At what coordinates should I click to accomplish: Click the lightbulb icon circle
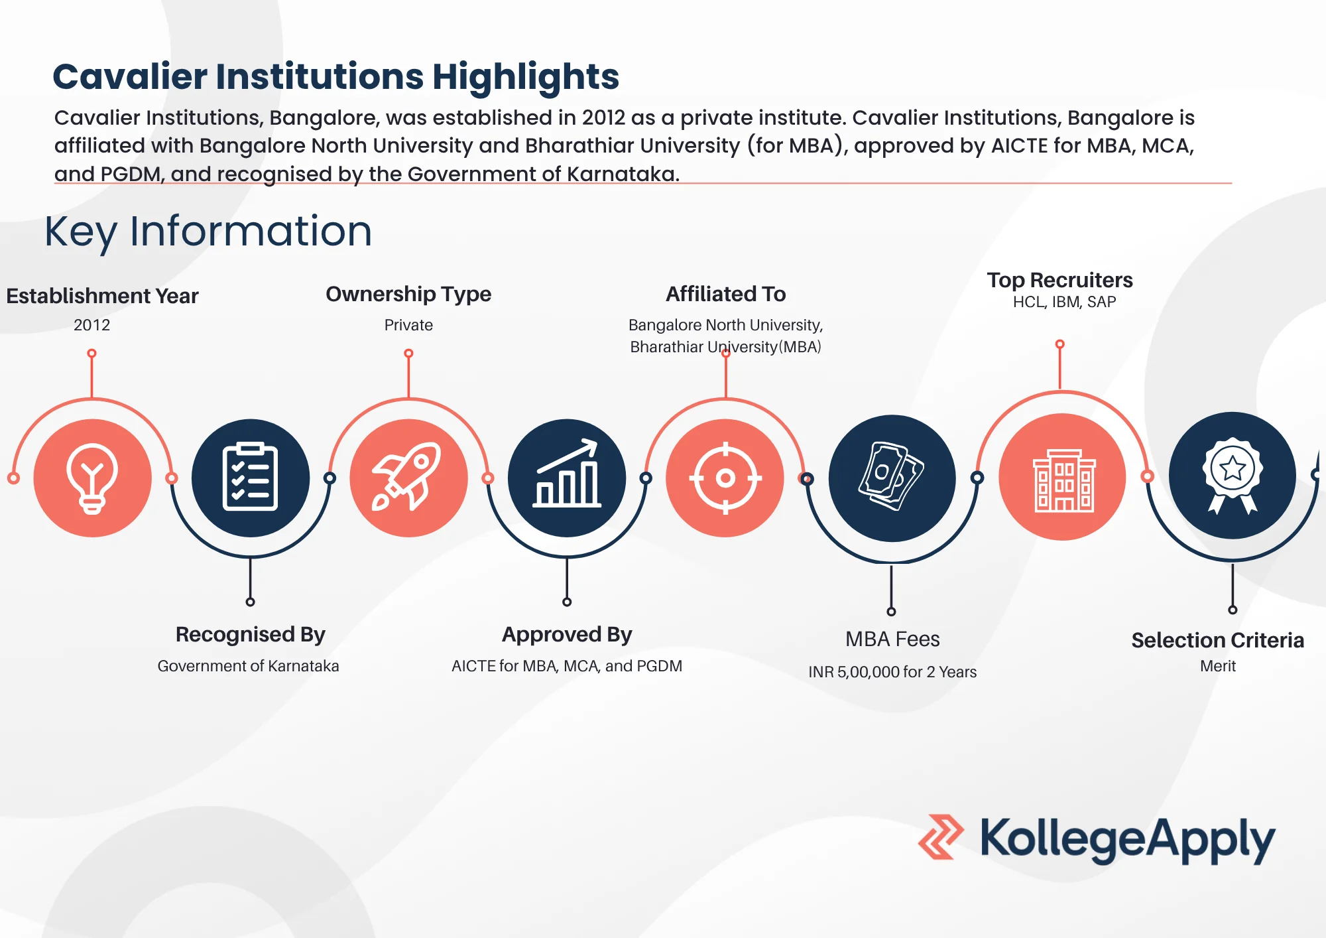click(x=92, y=478)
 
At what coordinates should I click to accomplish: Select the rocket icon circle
click(x=408, y=478)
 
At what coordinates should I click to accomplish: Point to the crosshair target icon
click(x=725, y=478)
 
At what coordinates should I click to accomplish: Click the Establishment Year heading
click(x=102, y=296)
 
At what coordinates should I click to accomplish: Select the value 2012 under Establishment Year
click(x=91, y=325)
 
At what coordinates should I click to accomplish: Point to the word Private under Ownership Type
click(x=408, y=325)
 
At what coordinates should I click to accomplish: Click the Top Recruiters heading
click(x=1059, y=280)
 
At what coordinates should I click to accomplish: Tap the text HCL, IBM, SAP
click(x=1064, y=302)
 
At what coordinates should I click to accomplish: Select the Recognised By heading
click(x=251, y=635)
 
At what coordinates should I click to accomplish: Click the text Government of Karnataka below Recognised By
click(x=248, y=666)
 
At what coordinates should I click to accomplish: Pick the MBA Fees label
click(x=892, y=639)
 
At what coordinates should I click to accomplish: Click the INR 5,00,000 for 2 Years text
click(x=892, y=672)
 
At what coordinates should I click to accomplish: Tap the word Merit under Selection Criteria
click(x=1218, y=666)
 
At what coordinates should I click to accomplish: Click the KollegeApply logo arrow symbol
click(x=941, y=837)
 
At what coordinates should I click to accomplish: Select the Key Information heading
click(x=208, y=232)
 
